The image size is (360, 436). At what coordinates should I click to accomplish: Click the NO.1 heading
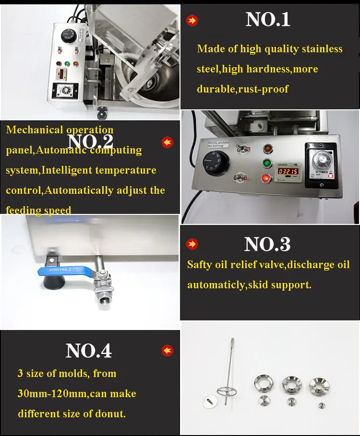[x=268, y=20]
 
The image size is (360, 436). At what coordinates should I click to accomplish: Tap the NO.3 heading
[x=267, y=244]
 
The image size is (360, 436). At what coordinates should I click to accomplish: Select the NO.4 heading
[x=89, y=351]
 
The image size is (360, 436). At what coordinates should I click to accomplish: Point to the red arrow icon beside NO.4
[x=167, y=351]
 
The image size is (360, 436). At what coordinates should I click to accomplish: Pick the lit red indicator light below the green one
[x=264, y=179]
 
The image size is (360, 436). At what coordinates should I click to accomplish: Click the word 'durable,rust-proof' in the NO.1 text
[x=243, y=89]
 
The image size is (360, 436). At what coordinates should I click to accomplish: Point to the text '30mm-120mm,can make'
[x=77, y=394]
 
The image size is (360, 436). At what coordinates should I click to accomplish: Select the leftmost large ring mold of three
[x=264, y=384]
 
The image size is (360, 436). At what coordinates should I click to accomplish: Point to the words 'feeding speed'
[x=38, y=211]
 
